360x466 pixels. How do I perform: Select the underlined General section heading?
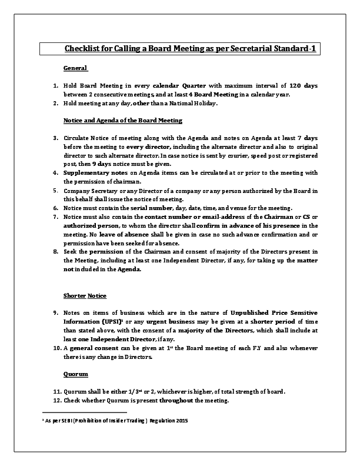[75, 68]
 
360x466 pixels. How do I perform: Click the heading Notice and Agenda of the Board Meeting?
[123, 120]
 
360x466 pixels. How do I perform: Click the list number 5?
[54, 190]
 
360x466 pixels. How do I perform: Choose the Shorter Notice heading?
[85, 295]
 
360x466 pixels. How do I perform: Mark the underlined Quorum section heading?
[76, 374]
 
